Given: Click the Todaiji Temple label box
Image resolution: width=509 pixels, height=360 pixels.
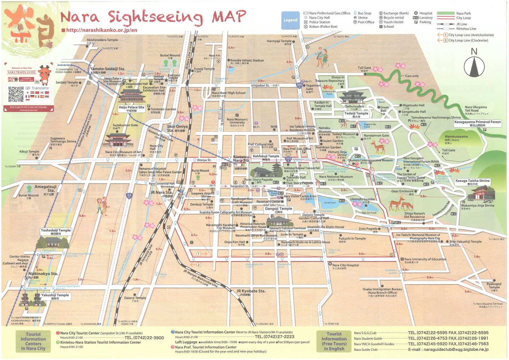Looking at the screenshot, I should pos(356,115).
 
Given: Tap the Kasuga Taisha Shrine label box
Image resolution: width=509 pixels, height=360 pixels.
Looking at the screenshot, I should pos(472,182).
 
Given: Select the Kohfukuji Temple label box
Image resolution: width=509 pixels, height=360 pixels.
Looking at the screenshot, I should pos(266,158).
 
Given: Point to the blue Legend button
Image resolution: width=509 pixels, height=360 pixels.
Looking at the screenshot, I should pos(290,20).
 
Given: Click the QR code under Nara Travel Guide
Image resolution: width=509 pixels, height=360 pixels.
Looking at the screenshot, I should pos(16,95).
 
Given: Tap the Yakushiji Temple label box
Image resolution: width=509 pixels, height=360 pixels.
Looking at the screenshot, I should pos(55,296).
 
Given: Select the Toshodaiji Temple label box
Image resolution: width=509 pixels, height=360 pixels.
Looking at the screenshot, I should pos(56,231).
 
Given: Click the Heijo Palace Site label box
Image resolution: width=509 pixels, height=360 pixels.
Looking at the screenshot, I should pos(131,109).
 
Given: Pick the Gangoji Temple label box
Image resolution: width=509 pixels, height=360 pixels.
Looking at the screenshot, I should pos(278,210).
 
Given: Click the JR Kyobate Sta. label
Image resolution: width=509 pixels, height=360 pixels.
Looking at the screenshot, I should pos(251,291).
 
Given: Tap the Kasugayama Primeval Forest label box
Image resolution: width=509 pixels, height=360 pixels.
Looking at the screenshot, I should pos(477,123).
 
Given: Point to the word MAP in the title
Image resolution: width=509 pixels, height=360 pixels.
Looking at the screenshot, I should pos(229,17).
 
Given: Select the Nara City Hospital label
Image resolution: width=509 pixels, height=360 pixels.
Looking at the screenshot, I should pos(345,265).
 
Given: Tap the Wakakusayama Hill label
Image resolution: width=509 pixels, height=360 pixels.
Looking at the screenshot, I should pos(456,138).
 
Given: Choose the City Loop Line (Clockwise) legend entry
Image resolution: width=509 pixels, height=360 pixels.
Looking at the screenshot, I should pos(468,40).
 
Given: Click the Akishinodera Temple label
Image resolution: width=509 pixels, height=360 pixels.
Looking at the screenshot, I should pos(102,40).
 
